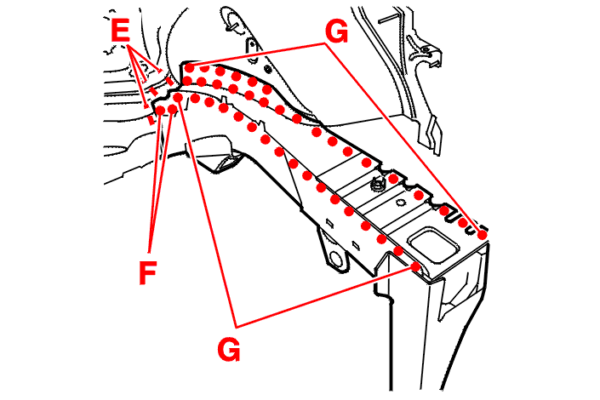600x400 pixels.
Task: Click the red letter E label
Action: (x=121, y=32)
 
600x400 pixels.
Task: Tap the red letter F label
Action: (x=148, y=272)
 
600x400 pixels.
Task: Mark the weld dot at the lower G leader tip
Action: (x=416, y=267)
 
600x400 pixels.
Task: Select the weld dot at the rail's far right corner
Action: (x=483, y=233)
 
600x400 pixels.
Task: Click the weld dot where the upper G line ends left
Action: (x=189, y=66)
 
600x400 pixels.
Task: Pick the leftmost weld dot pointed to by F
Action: (x=160, y=111)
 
